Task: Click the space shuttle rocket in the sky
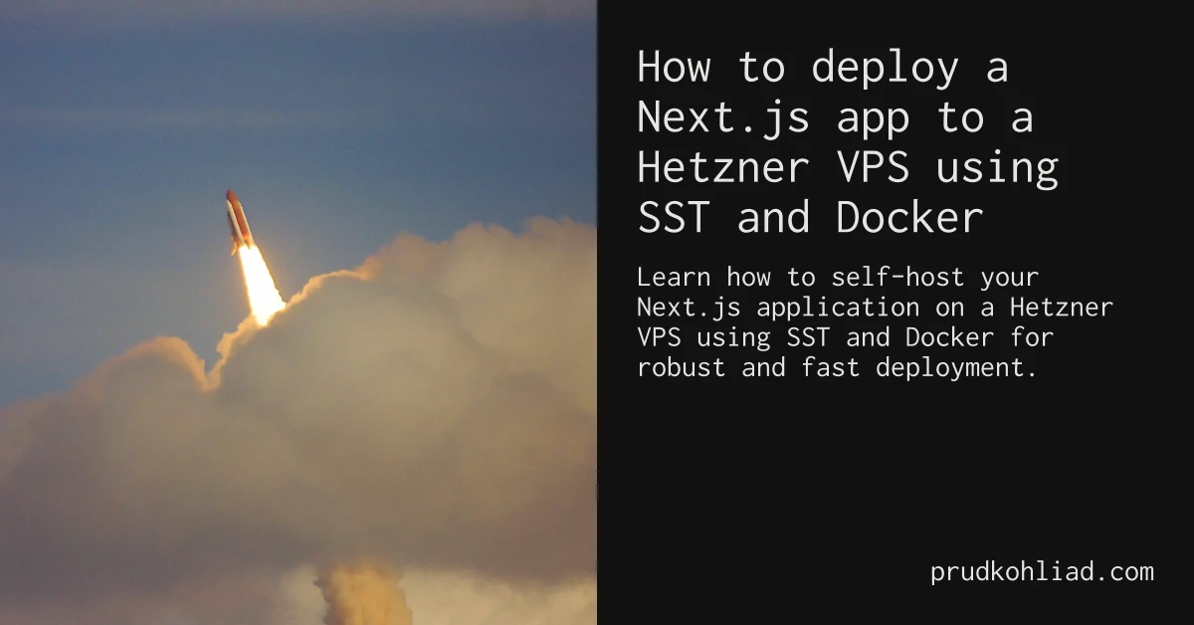(239, 221)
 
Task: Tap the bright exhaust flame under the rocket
(260, 286)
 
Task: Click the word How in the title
(675, 67)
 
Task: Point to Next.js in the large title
(723, 118)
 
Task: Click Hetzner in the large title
(723, 167)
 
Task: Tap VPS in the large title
(873, 167)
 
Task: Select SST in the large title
(675, 217)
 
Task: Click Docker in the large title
(909, 217)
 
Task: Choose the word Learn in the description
(674, 278)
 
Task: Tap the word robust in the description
(682, 367)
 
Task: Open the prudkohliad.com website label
(1042, 572)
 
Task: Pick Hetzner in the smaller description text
(1062, 308)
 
